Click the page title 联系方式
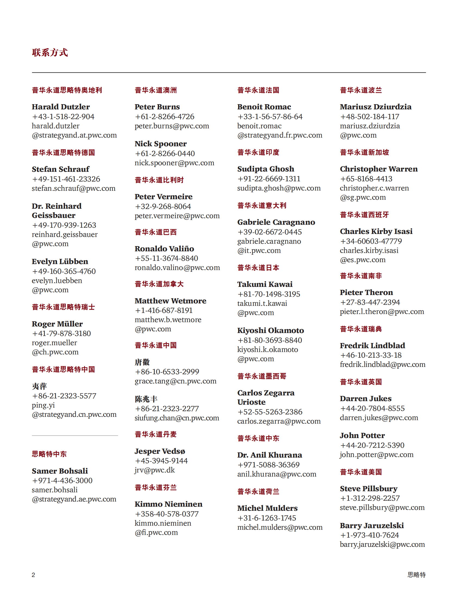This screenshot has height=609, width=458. (50, 52)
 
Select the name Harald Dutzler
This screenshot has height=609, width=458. (61, 107)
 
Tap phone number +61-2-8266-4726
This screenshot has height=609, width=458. (165, 117)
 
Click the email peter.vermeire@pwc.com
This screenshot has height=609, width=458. (177, 216)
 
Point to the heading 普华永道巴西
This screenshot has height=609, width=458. (156, 232)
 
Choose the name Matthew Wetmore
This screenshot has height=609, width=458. (170, 301)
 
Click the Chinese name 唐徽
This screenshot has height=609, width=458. (142, 362)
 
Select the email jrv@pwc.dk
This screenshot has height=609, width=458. (154, 470)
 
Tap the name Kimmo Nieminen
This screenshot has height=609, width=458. (168, 504)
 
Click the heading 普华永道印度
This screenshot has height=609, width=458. (258, 153)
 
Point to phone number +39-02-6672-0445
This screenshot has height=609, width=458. (269, 232)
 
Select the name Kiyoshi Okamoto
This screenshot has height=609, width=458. (270, 330)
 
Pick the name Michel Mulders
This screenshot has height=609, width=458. (267, 508)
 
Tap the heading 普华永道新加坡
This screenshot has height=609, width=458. (364, 153)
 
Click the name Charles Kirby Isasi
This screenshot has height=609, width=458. (376, 231)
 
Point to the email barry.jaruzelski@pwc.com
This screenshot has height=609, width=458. (382, 545)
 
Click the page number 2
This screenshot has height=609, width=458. (33, 575)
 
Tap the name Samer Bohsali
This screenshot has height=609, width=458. (60, 471)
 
